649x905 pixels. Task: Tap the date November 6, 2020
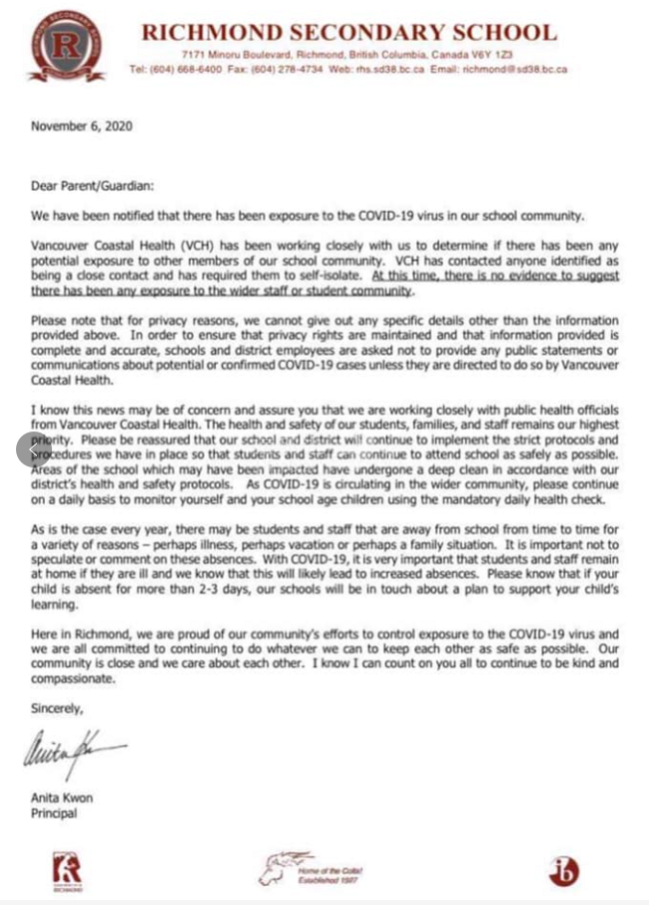tap(81, 126)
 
